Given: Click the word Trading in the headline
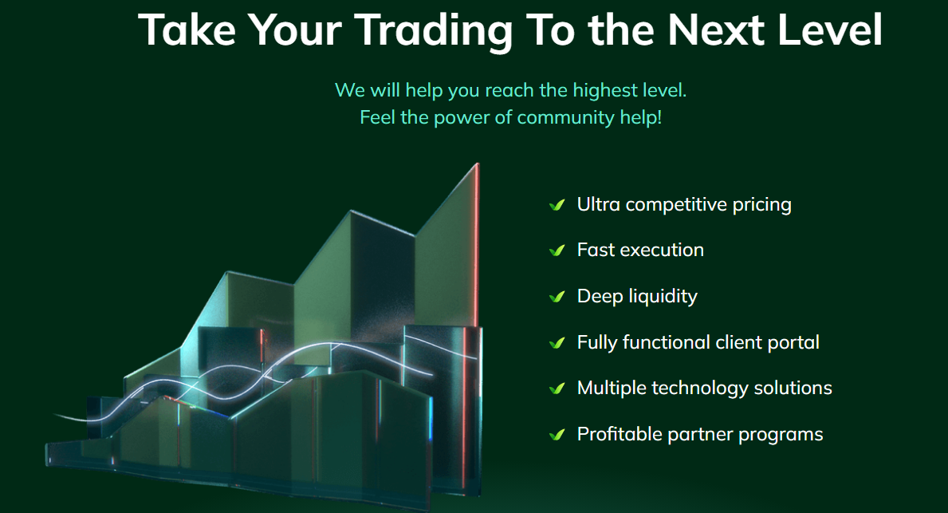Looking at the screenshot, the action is pos(434,31).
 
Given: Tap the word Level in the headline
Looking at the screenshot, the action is pos(829,29).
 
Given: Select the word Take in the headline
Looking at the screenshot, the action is pos(187,29).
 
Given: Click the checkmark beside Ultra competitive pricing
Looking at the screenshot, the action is pos(557,205).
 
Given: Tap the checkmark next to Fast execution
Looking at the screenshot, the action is pos(557,251).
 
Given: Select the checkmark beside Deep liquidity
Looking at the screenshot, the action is pos(557,297).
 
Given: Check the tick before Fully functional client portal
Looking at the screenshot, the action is pos(557,343).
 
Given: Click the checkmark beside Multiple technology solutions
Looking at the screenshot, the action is pos(557,389).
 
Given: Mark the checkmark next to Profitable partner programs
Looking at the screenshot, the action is pos(557,434).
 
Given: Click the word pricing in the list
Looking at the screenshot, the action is pos(761,206).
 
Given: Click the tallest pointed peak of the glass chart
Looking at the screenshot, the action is pos(477,164).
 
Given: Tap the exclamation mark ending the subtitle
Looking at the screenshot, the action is pos(659,116).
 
